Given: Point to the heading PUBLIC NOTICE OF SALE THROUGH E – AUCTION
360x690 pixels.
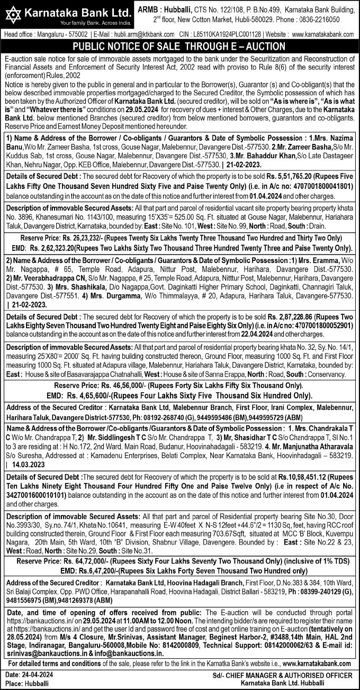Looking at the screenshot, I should tap(179, 46).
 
